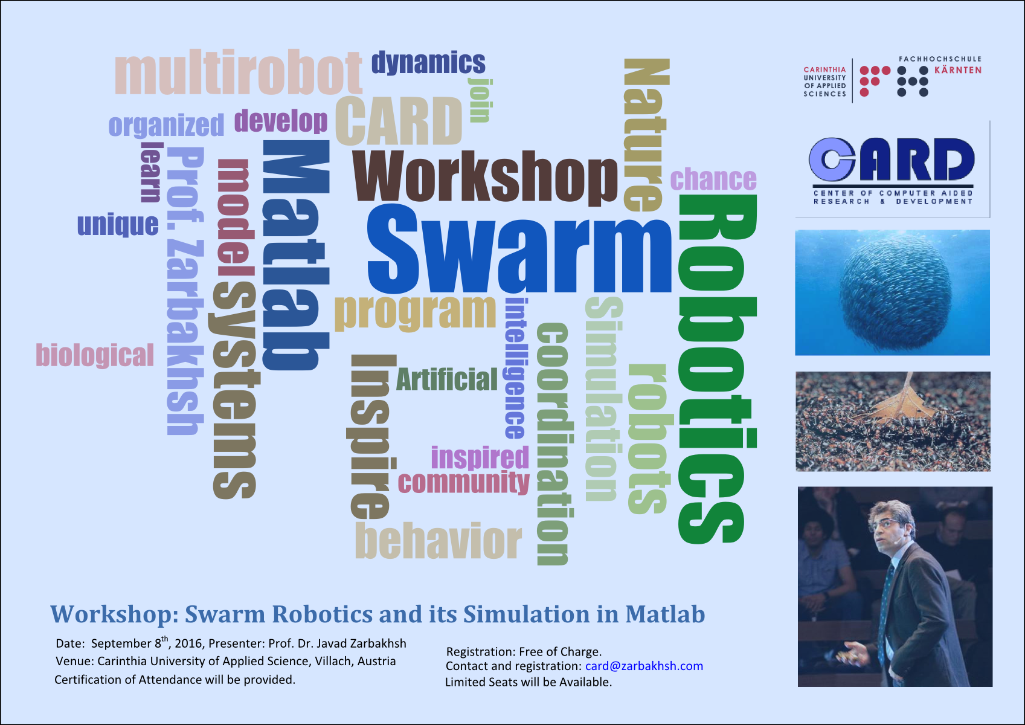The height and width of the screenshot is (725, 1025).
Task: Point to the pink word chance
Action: [713, 179]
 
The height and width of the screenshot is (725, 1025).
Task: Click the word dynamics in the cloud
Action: [428, 63]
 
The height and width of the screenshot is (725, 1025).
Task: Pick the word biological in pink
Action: [95, 355]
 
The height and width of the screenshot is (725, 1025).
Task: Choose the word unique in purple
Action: [118, 225]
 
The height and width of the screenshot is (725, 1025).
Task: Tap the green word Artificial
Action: [446, 379]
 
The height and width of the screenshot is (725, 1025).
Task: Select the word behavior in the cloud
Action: [438, 541]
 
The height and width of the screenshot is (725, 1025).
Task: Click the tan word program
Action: [415, 312]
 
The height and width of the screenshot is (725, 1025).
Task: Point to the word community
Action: [463, 483]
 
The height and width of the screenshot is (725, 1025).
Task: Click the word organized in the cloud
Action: [166, 126]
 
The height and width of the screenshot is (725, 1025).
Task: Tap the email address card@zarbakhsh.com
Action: [644, 666]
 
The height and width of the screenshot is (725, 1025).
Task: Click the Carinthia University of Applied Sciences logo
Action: [892, 79]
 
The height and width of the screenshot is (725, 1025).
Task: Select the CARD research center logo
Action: [892, 169]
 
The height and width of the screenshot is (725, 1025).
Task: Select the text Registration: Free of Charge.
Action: [523, 651]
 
